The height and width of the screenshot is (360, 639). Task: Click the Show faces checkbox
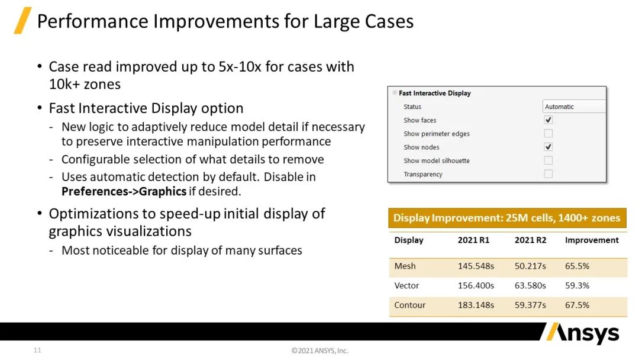548,120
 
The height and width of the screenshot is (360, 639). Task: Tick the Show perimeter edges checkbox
548,133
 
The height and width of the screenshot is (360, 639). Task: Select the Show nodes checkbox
548,147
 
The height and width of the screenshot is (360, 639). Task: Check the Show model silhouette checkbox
548,160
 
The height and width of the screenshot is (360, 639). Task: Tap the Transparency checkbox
548,173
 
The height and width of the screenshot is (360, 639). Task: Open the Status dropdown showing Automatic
574,107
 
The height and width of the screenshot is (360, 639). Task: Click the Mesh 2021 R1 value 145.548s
476,266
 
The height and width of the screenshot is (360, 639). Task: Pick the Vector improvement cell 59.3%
577,285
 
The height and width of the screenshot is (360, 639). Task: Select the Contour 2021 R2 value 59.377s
530,305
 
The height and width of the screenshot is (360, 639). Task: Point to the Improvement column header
592,240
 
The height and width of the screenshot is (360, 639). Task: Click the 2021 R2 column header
530,240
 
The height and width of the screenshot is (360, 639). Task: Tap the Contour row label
409,305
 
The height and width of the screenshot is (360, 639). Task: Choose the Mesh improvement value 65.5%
577,266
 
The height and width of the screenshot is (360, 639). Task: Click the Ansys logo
583,333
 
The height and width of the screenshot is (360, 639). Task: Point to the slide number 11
37,350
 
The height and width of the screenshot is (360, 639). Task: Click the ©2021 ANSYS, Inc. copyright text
320,351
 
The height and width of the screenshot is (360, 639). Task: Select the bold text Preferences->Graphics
124,191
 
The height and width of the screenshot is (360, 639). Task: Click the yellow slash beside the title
23,20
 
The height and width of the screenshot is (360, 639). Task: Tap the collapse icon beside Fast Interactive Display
395,92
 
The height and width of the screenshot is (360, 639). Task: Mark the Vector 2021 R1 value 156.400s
476,285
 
